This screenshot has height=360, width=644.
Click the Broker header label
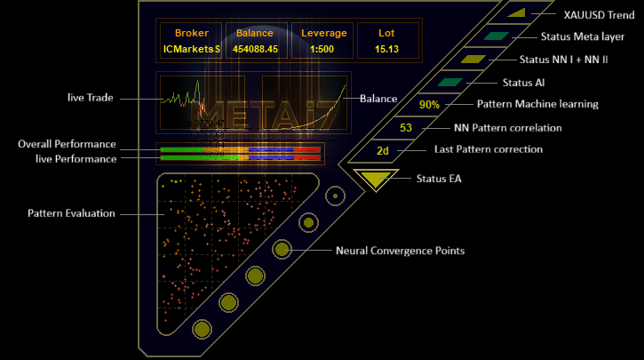(x=191, y=34)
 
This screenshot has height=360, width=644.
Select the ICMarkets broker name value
(x=191, y=49)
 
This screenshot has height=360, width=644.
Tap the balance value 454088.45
(x=255, y=49)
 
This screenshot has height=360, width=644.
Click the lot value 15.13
(x=386, y=49)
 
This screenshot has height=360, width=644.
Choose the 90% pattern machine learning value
(x=430, y=105)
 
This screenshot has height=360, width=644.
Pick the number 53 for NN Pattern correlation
(x=406, y=128)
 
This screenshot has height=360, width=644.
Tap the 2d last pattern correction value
(x=383, y=150)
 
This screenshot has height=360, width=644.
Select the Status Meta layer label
(x=582, y=37)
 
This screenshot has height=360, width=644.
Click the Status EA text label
(x=440, y=179)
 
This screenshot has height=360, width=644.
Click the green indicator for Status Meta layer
(x=496, y=36)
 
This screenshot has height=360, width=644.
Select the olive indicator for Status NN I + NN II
(x=473, y=60)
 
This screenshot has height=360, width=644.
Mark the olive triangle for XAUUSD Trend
(x=519, y=12)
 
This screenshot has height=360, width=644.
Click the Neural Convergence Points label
(x=400, y=251)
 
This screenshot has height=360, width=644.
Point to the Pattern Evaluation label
(x=72, y=214)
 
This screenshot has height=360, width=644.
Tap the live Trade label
(x=91, y=97)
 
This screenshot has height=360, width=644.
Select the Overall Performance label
(x=67, y=144)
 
